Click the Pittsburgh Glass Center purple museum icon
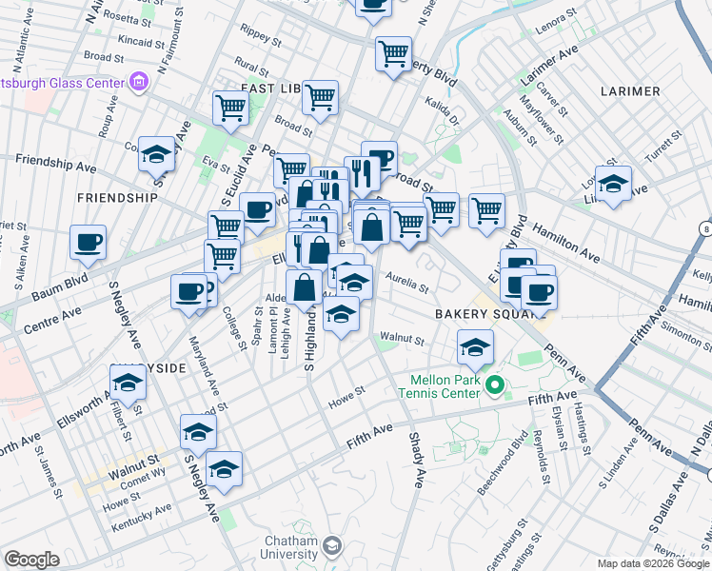point(139,81)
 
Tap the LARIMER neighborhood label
point(630,91)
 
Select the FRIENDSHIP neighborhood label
point(120,198)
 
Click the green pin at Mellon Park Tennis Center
point(493,385)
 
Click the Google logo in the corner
point(30,560)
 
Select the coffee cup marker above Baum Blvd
point(89,244)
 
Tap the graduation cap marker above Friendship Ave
point(156,154)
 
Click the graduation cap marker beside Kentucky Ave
point(225,469)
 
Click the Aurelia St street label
point(407,280)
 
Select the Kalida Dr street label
point(442,122)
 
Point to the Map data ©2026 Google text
point(652,563)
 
